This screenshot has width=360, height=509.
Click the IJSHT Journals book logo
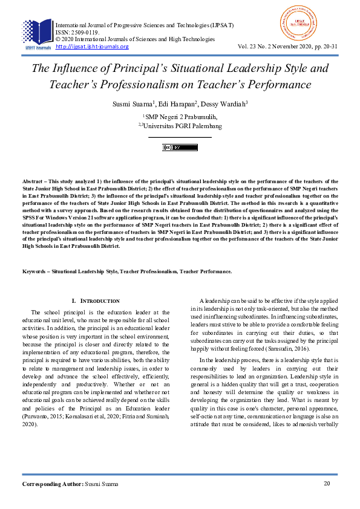pos(37,33)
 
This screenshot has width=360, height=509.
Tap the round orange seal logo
pos(299,23)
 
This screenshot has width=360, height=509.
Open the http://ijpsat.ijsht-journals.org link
pos(92,47)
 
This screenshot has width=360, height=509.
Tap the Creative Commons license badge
pos(180,148)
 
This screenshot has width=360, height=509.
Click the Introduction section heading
pos(97,300)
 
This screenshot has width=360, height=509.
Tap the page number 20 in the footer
pos(327,484)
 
